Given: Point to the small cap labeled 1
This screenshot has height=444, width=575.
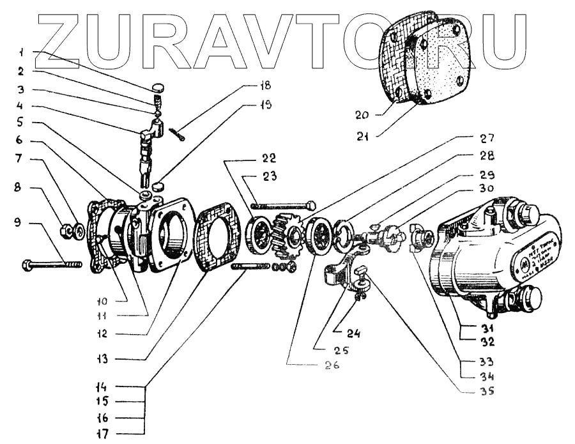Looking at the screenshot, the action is pos(158,87).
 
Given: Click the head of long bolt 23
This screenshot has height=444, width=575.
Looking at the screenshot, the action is pos(311,205).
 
